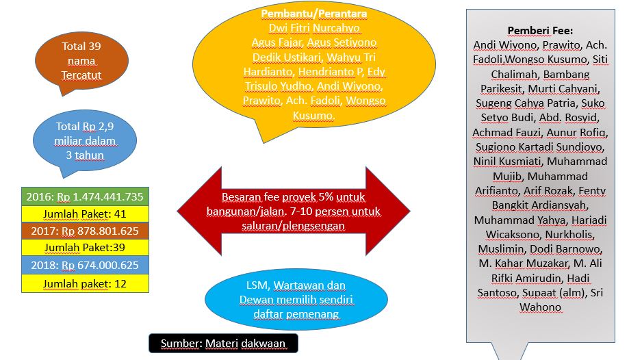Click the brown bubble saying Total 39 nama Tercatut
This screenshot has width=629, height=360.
[x=82, y=61]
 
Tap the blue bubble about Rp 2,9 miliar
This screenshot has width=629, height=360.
[x=85, y=141]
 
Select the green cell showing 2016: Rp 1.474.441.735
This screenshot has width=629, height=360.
[x=85, y=196]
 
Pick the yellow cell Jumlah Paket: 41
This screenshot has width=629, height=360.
[x=85, y=214]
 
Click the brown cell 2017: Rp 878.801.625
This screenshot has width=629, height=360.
[x=85, y=231]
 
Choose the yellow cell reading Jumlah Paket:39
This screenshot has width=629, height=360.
[x=85, y=248]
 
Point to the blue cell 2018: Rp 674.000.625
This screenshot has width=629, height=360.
[x=85, y=265]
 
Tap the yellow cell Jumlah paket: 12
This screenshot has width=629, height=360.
[x=85, y=283]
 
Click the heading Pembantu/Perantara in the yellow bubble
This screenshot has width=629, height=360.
[x=314, y=14]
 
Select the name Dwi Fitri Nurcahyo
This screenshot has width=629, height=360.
[x=314, y=28]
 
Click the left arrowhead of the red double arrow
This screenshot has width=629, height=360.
[x=199, y=211]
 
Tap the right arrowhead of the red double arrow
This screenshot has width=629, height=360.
[x=388, y=211]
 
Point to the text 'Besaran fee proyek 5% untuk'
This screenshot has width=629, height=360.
[x=293, y=197]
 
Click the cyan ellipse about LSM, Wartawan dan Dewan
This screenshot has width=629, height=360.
[x=296, y=299]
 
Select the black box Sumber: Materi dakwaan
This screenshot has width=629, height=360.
[x=223, y=344]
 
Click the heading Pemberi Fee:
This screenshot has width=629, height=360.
[x=540, y=31]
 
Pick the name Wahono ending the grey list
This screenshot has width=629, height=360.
[x=540, y=307]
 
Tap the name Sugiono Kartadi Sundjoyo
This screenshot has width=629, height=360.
[x=540, y=147]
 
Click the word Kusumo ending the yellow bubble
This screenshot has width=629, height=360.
[x=313, y=116]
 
